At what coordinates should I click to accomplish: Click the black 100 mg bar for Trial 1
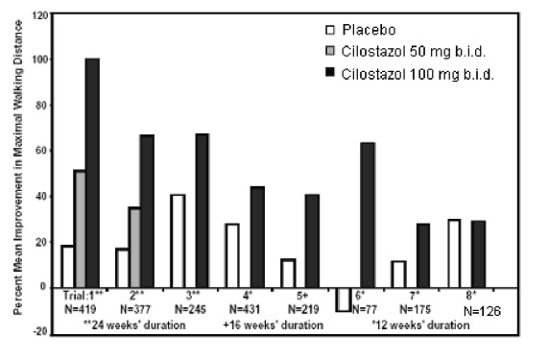(92, 173)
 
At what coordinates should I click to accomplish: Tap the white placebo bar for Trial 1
(66, 266)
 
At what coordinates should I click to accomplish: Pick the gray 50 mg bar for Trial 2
(134, 255)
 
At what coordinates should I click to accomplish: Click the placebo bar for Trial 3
(178, 240)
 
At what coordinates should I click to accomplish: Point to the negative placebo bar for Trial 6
(344, 299)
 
